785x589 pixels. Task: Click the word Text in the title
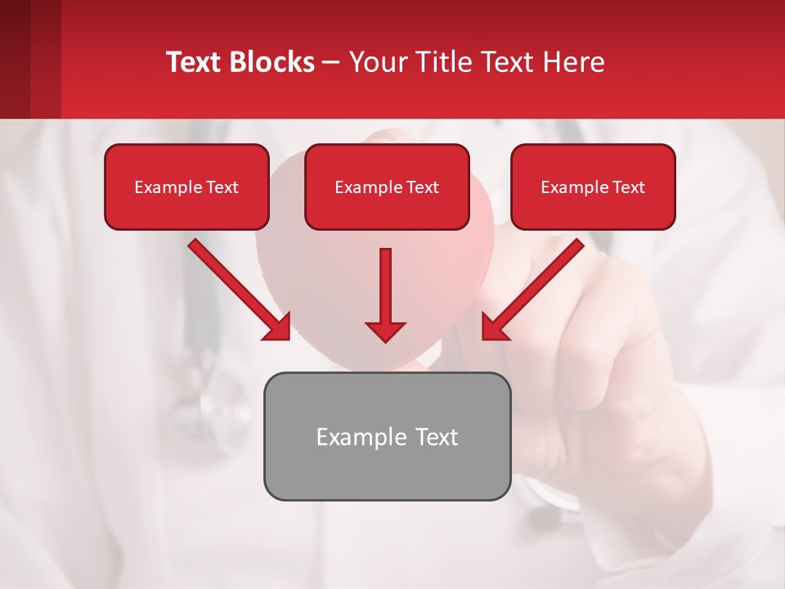195,62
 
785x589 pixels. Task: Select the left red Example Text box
186,187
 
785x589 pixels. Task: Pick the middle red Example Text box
387,187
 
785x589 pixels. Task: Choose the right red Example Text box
593,187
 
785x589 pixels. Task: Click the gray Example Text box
387,436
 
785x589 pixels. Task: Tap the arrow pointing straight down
385,290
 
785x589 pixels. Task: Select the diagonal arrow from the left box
237,288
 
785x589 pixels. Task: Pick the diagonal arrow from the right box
536,288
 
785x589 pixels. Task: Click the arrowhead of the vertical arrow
385,330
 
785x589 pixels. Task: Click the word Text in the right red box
628,187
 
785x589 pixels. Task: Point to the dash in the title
330,63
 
